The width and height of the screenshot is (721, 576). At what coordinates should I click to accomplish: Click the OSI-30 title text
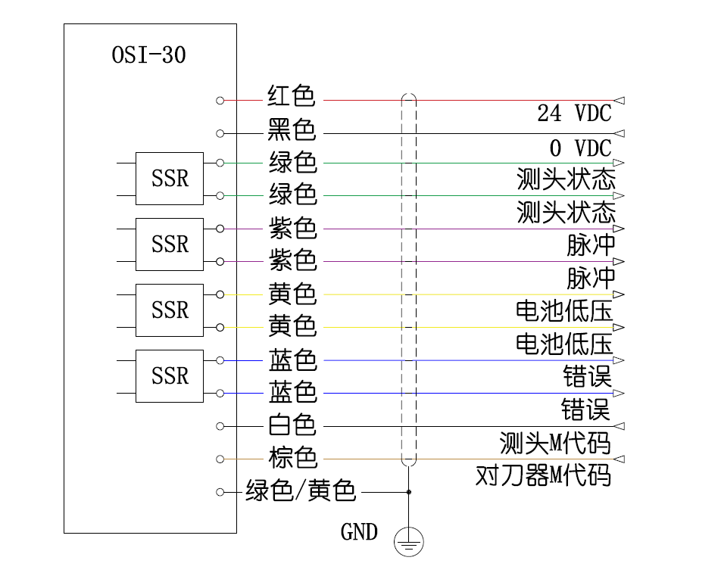point(148,55)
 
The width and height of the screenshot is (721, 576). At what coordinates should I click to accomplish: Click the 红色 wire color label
point(291,97)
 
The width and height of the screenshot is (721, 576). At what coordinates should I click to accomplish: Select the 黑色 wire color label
point(291,130)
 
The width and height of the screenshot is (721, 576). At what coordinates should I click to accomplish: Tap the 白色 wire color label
point(291,425)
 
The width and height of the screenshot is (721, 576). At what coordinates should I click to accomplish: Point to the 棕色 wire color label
point(292,458)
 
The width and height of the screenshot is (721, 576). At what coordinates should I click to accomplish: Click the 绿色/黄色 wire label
point(301,491)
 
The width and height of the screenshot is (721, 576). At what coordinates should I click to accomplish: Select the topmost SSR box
point(170,179)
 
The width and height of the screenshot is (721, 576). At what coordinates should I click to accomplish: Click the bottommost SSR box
point(170,376)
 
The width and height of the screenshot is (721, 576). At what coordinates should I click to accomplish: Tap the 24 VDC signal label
point(574,114)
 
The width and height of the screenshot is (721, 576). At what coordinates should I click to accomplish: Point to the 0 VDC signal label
point(580,147)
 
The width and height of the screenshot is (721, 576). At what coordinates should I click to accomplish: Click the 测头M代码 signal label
point(554,442)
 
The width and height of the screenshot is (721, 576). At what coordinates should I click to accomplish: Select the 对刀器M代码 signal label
point(543,475)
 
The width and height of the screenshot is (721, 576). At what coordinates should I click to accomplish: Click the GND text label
point(359,532)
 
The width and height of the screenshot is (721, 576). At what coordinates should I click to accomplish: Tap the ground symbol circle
point(409,542)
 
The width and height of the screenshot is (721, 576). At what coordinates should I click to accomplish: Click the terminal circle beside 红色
point(220,100)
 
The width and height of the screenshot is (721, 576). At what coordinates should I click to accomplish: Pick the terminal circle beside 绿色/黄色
point(220,492)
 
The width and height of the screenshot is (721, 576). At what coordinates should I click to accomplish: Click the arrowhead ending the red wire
point(620,100)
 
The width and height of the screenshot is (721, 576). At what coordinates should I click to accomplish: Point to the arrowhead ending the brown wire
point(620,459)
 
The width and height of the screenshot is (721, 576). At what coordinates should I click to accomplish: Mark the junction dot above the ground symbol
point(409,492)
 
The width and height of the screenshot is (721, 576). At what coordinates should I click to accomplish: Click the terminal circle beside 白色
point(220,426)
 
